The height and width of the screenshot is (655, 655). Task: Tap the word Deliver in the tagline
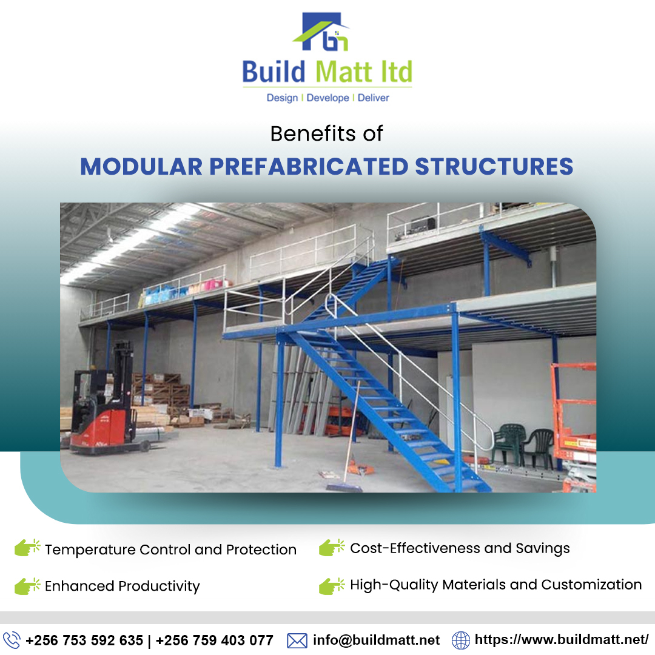(373, 98)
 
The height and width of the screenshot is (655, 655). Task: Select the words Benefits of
(327, 133)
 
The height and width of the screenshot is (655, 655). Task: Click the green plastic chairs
(522, 446)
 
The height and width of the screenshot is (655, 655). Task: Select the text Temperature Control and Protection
(170, 550)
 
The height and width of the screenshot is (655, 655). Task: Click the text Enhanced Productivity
(122, 586)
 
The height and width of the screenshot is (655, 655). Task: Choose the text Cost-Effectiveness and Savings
(460, 549)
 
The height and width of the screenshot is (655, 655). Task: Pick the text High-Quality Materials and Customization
(495, 585)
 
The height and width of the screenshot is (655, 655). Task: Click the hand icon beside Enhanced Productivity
(27, 586)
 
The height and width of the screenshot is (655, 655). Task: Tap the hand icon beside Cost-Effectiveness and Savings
(332, 548)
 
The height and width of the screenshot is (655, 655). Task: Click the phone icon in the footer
(12, 640)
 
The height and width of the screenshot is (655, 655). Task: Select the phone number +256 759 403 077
(215, 640)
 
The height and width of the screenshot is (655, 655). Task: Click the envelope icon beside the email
(297, 640)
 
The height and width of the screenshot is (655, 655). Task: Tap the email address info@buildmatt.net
(376, 640)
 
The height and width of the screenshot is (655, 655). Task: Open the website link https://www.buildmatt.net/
(562, 640)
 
